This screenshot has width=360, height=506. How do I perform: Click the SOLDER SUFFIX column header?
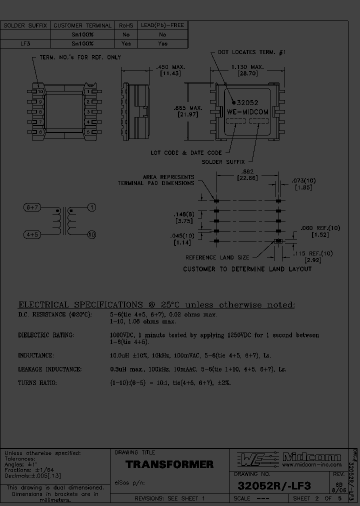click(x=25, y=25)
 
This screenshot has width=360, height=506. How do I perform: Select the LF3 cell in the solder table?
click(x=25, y=44)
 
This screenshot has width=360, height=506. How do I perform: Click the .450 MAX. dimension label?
click(x=170, y=66)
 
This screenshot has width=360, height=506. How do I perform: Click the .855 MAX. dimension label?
click(x=188, y=107)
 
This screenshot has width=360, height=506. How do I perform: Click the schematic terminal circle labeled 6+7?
click(x=33, y=207)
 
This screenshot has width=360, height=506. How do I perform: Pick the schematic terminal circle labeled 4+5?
click(x=33, y=234)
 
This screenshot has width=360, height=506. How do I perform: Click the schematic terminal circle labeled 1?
click(x=92, y=207)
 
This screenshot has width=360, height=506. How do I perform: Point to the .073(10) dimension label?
click(x=303, y=180)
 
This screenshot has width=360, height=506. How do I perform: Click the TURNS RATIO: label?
click(x=37, y=382)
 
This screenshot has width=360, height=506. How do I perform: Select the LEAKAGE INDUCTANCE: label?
click(x=49, y=369)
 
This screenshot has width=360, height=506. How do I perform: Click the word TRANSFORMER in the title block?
click(x=169, y=464)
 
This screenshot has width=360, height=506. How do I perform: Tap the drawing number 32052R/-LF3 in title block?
click(x=274, y=485)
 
